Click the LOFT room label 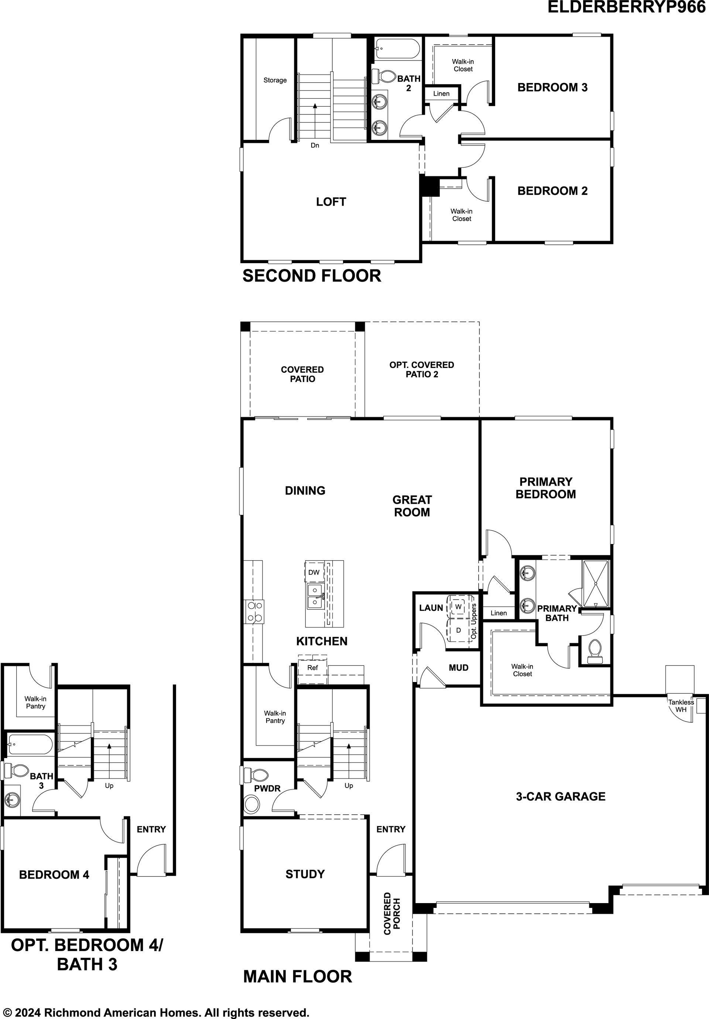331,202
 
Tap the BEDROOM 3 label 552,87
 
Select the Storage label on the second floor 275,80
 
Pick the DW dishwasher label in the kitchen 314,572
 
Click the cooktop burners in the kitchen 253,612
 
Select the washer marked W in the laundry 458,606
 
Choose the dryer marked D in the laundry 458,630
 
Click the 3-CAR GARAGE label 560,796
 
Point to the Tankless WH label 681,706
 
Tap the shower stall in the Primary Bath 596,583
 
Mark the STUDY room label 305,874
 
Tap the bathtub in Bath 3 30,745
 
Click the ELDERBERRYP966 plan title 626,7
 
